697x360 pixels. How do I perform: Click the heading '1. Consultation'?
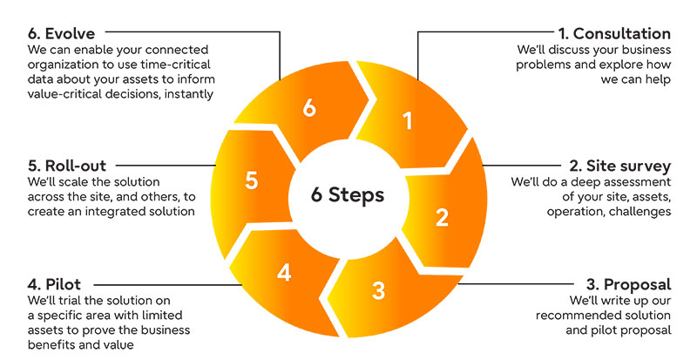tap(614, 34)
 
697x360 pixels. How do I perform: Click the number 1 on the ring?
tap(406, 122)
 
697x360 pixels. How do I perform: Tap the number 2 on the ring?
tap(442, 217)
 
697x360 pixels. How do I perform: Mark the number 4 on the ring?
tap(283, 272)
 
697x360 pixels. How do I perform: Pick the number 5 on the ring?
tap(251, 180)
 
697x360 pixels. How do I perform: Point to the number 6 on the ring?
tap(308, 108)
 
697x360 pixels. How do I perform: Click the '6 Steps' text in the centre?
tap(348, 194)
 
